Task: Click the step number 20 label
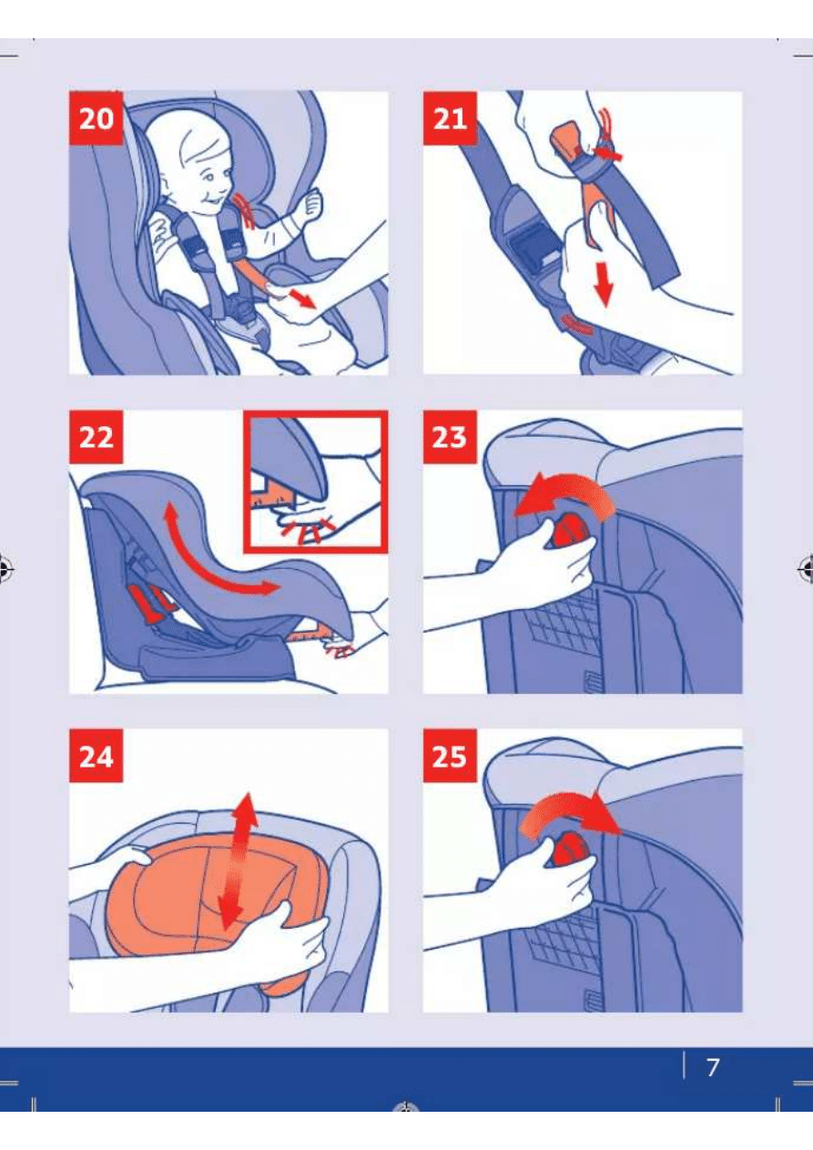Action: pyautogui.click(x=96, y=118)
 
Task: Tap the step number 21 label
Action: pyautogui.click(x=450, y=118)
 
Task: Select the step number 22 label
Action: pyautogui.click(x=96, y=437)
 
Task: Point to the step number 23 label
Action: pyautogui.click(x=450, y=437)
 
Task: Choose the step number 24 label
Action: pyautogui.click(x=96, y=756)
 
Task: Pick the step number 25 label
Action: pyautogui.click(x=450, y=756)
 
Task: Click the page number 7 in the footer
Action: pyautogui.click(x=713, y=1067)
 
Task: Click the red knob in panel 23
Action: pyautogui.click(x=569, y=533)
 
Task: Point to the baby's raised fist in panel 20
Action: pyautogui.click(x=311, y=202)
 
